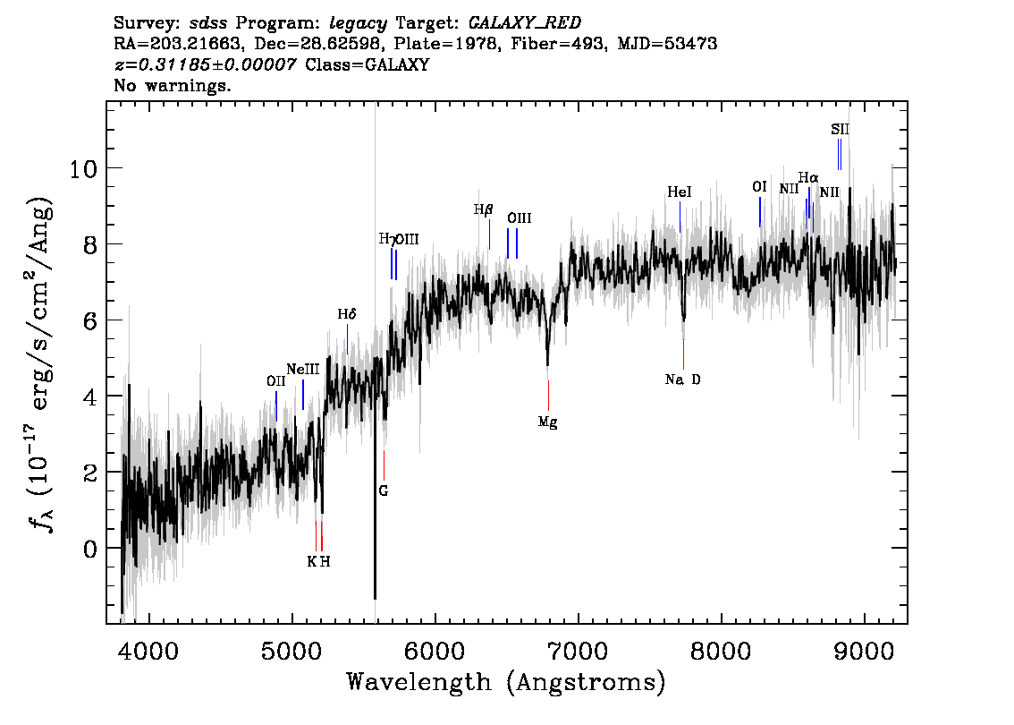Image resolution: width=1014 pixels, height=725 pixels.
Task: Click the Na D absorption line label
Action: tap(682, 380)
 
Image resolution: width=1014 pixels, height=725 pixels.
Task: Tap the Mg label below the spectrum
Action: tap(548, 422)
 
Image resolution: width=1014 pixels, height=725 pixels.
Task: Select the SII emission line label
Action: tap(840, 130)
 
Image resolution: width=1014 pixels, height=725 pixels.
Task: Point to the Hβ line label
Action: tap(483, 209)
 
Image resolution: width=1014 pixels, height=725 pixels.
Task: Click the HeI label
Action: tap(680, 192)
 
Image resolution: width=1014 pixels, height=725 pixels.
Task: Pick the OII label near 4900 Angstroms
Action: tap(276, 381)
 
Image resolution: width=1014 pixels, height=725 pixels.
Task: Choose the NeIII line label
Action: tap(303, 369)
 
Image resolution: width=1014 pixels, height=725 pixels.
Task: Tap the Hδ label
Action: tap(347, 314)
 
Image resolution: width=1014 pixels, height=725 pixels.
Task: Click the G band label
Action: tap(384, 490)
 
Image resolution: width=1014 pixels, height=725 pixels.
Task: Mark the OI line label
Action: tap(759, 186)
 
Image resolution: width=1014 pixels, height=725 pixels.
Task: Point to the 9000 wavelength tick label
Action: tap(864, 651)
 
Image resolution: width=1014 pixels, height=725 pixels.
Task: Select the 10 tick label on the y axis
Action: tap(83, 169)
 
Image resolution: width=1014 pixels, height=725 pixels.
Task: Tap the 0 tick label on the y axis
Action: tap(90, 549)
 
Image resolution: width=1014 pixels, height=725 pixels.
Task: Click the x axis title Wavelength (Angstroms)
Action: tap(506, 682)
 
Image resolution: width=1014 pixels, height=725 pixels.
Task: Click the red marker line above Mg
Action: tap(548, 396)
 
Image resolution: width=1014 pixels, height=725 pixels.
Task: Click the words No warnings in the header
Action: tap(172, 85)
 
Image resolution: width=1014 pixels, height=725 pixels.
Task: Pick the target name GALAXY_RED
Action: tap(525, 23)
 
